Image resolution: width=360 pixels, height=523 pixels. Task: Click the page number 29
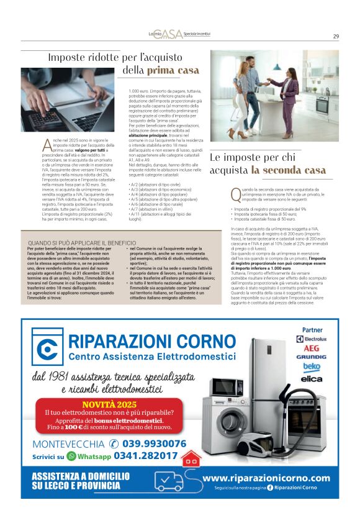click(x=336, y=36)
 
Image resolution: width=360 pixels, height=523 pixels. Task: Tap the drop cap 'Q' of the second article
click(x=234, y=194)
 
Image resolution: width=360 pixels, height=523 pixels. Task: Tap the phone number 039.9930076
click(x=154, y=443)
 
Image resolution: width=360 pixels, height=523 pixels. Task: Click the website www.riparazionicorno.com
click(x=266, y=478)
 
